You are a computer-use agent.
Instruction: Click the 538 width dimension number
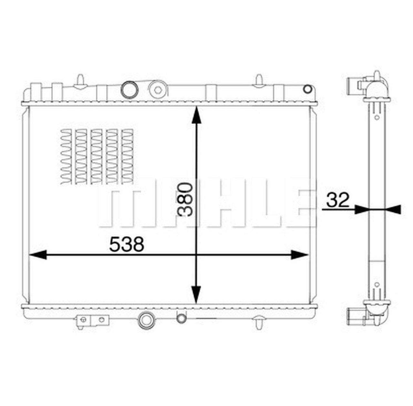point(126,244)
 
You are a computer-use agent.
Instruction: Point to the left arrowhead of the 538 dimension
point(37,255)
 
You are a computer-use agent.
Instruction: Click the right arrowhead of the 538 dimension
point(300,255)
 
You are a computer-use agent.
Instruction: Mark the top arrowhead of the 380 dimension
point(196,116)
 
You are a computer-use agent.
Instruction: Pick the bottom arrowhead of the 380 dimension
point(196,295)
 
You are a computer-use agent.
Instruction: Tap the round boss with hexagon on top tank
point(158,89)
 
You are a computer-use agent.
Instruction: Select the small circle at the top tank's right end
point(308,89)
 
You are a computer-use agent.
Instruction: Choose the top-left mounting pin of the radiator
point(80,81)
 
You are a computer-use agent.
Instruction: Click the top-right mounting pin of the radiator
point(259,81)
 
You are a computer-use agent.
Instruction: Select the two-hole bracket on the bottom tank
point(93,320)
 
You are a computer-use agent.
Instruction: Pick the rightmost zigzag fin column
point(127,157)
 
